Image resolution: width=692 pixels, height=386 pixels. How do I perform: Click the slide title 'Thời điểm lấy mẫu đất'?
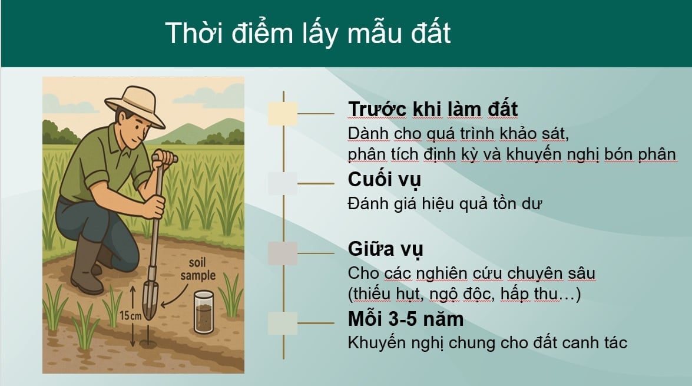[308, 33]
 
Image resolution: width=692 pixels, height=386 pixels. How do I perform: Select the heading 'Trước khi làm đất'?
[433, 109]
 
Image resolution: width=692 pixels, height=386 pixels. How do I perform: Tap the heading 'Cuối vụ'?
[385, 179]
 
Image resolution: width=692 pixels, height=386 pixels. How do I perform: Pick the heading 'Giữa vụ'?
[385, 249]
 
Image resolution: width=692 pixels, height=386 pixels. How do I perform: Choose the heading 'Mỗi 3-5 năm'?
[406, 319]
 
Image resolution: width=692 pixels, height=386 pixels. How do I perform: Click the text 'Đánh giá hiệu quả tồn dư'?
[445, 204]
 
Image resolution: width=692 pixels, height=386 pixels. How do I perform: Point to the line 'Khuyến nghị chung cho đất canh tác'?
[487, 343]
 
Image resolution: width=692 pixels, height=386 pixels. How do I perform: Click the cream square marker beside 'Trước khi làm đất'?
[283, 114]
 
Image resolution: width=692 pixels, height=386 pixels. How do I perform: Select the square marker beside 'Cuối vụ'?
[283, 183]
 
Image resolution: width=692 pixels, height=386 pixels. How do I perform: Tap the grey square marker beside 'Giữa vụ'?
[283, 253]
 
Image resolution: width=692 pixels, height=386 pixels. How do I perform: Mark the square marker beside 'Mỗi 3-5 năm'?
[283, 323]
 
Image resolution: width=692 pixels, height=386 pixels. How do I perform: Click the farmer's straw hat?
[135, 105]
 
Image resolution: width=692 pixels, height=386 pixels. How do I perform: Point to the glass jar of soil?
[204, 312]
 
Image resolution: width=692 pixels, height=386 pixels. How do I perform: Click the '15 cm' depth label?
[131, 316]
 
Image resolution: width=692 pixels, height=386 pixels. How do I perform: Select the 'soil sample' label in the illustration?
[198, 269]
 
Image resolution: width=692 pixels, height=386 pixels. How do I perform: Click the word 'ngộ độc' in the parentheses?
[462, 294]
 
